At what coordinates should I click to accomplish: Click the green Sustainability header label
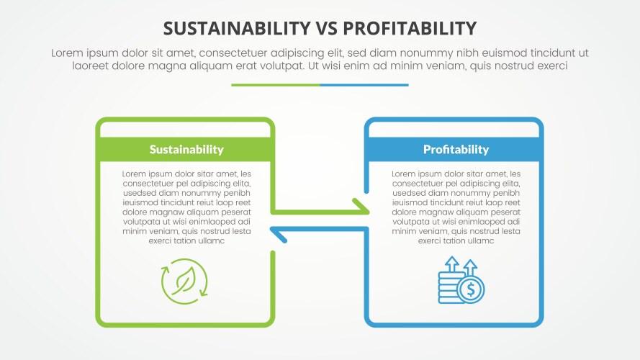click(x=186, y=150)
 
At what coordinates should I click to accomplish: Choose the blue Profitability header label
click(x=456, y=150)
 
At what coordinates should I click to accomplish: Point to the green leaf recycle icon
click(x=185, y=282)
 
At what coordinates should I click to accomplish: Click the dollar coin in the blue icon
click(x=471, y=290)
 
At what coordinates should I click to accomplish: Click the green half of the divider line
click(x=275, y=85)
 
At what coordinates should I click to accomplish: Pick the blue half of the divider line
click(x=364, y=85)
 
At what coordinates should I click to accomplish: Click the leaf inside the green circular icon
click(x=185, y=281)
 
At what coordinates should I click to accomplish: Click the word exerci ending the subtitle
click(x=549, y=66)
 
